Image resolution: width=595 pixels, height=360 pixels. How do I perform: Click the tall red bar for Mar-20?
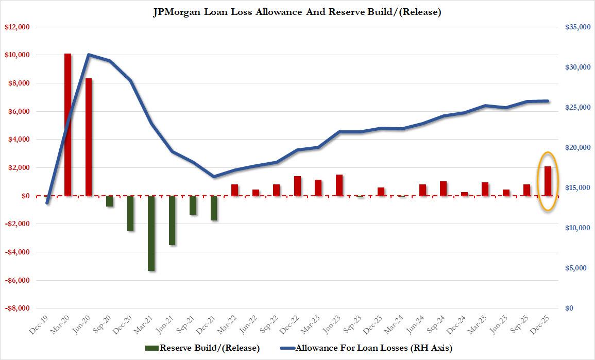point(67,124)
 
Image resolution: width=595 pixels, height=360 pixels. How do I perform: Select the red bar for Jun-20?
point(89,137)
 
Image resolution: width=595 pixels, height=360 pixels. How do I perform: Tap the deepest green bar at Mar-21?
point(151,233)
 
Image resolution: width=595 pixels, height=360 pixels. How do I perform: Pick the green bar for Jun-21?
point(173,220)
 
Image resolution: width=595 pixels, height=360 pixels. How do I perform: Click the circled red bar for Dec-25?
point(548,181)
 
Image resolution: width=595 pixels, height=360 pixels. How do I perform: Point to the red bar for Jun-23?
point(339,185)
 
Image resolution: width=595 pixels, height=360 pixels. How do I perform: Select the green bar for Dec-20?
point(130,213)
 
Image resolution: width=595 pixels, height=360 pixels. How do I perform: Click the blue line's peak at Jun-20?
point(89,54)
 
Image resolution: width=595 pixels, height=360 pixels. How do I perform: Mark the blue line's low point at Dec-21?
point(214,177)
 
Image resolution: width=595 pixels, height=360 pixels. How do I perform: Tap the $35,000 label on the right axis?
point(576,27)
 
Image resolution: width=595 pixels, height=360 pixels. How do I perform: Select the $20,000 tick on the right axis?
point(576,148)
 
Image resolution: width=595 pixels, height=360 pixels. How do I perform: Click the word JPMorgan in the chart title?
point(175,12)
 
